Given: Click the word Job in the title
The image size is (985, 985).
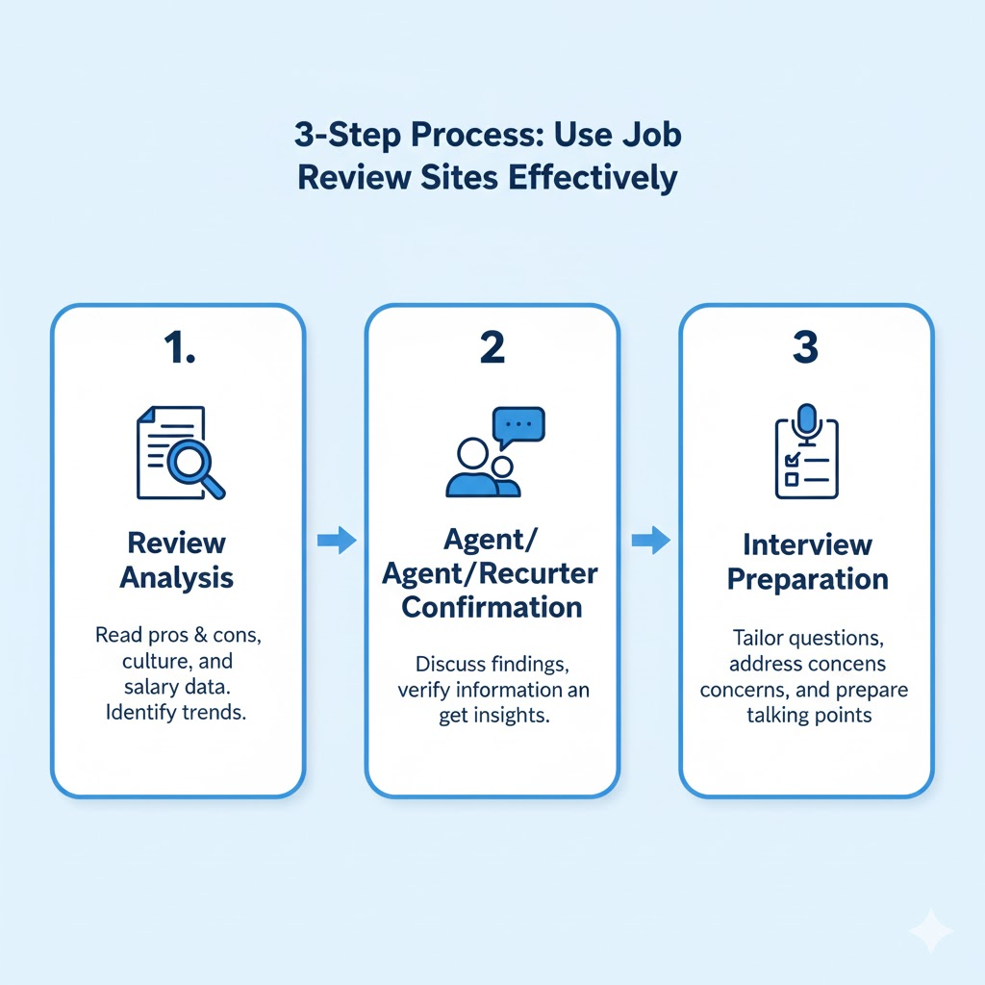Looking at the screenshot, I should click(648, 134).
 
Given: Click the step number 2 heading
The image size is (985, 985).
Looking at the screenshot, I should click(492, 348).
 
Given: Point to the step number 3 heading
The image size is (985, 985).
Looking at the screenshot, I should click(805, 348).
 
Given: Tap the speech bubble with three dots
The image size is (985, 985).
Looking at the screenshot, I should click(518, 424).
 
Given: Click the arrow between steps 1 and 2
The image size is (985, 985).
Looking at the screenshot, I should click(336, 542).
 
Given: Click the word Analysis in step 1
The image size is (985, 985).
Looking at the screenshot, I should click(176, 578).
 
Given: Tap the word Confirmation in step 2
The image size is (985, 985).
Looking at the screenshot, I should click(492, 608).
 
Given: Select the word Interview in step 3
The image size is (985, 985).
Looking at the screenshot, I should click(807, 544).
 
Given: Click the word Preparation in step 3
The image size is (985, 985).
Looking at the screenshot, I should click(807, 580).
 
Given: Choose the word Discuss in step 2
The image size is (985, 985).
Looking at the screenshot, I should click(450, 664).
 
